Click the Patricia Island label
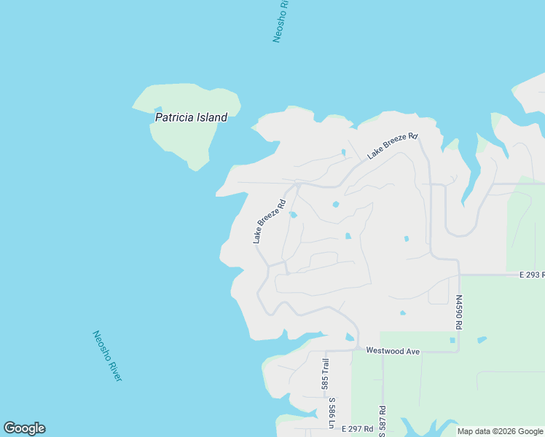191,117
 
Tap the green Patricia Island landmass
182,142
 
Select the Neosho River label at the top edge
281,22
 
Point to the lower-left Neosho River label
106,355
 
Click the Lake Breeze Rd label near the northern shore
392,146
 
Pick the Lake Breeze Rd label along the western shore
268,221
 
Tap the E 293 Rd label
531,275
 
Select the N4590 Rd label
459,312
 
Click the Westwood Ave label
393,351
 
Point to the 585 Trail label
326,374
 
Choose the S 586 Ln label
332,412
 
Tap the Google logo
24,428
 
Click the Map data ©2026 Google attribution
499,431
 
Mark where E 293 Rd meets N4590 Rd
459,275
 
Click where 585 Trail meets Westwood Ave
326,350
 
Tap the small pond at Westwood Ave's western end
350,336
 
